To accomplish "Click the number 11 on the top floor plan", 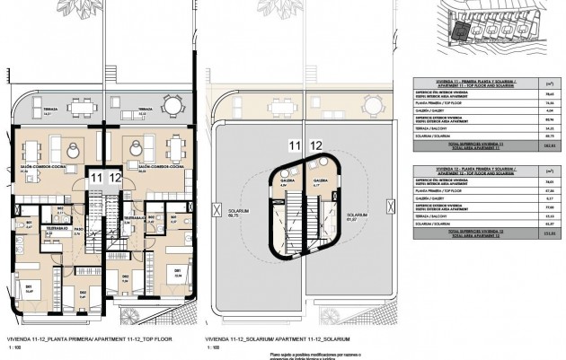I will [x=95, y=179].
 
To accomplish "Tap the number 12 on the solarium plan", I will [x=315, y=145].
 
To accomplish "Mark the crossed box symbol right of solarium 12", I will [x=375, y=210].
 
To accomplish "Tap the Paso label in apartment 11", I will [x=78, y=230].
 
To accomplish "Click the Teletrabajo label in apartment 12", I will [x=133, y=217].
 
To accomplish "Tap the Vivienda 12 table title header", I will [x=468, y=171].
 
